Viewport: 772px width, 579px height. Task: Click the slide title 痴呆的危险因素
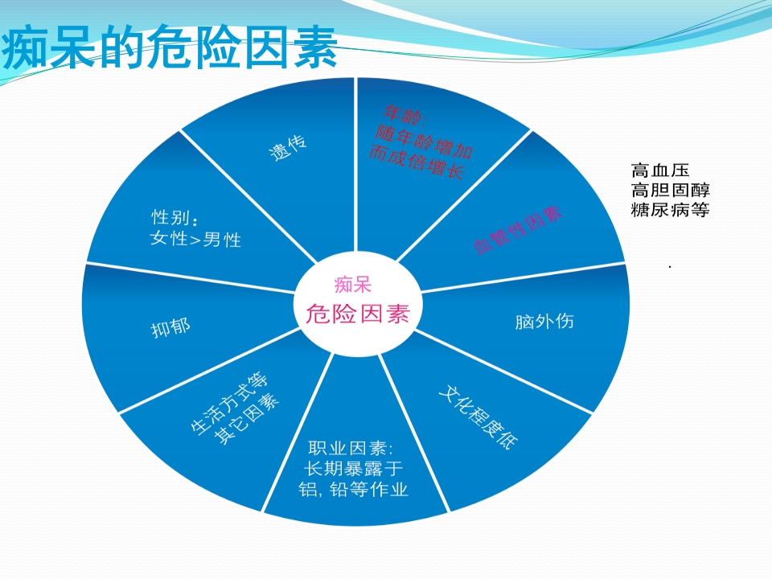[170, 47]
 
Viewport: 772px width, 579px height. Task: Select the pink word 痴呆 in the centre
[352, 285]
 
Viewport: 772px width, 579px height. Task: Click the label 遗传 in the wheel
[288, 148]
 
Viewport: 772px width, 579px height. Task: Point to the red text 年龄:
[404, 115]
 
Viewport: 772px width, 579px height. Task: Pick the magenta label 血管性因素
[518, 229]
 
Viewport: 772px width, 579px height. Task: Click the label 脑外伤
[544, 322]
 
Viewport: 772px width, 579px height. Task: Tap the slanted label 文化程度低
[478, 417]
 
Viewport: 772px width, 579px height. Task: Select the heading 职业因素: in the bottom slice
[351, 448]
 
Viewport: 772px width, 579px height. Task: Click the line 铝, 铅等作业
[354, 490]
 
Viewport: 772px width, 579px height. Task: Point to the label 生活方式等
[229, 403]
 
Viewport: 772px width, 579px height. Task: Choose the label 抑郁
[170, 327]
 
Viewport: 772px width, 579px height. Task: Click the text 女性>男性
[195, 240]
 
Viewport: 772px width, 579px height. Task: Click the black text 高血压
[659, 170]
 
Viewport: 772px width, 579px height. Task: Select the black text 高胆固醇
[670, 190]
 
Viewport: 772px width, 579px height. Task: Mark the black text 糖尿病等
[670, 210]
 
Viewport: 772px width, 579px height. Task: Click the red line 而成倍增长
[417, 162]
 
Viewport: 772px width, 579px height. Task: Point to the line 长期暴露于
[354, 469]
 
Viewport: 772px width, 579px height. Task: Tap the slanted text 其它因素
[247, 420]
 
